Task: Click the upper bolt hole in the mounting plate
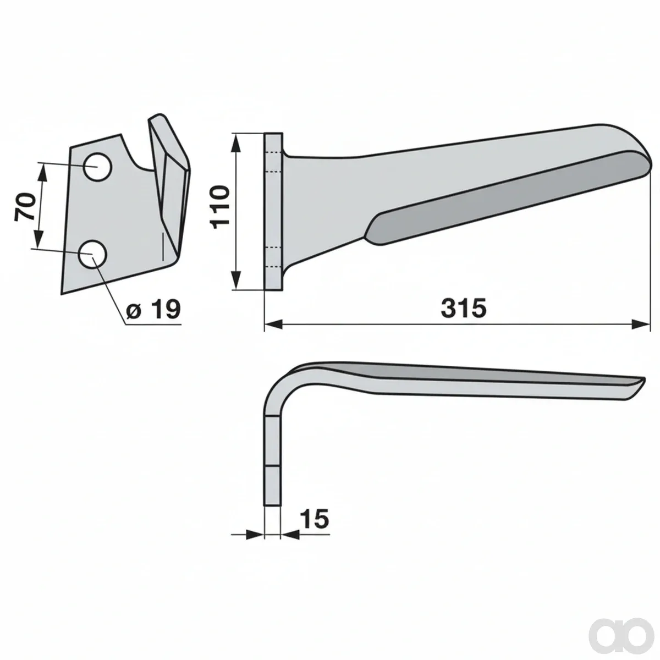pos(97,167)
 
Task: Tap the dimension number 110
pos(220,207)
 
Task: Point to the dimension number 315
pos(464,307)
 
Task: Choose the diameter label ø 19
pos(153,310)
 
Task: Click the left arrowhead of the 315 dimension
pos(273,324)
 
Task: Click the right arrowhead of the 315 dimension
pos(641,324)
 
